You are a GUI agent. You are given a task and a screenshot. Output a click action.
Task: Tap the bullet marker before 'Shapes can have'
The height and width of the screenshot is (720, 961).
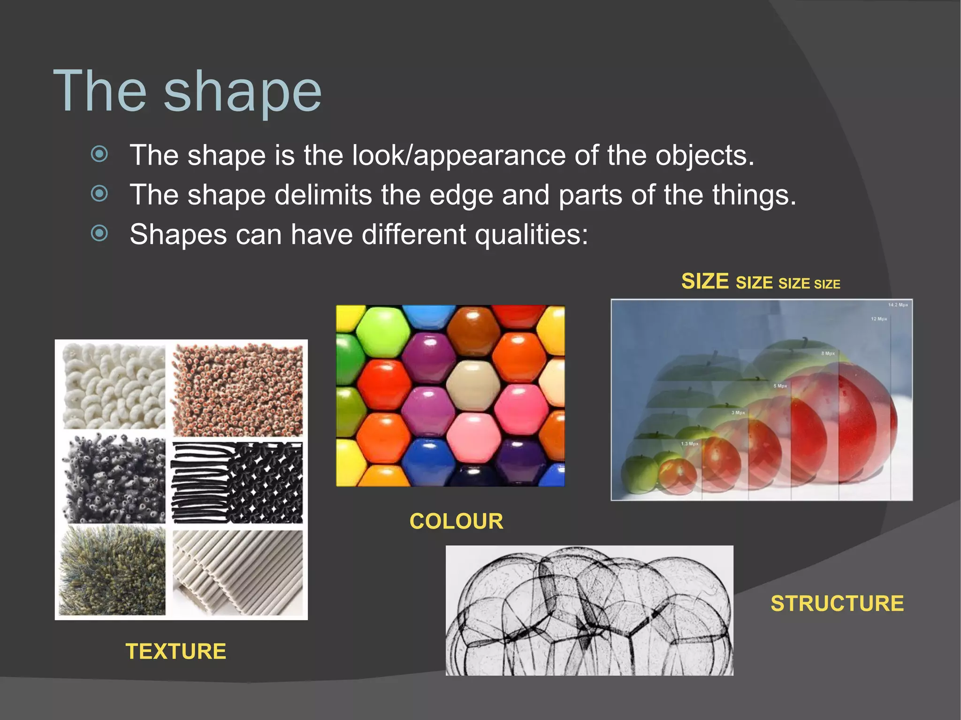click(99, 233)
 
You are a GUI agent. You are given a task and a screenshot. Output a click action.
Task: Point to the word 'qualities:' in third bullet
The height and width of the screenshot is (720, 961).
click(531, 234)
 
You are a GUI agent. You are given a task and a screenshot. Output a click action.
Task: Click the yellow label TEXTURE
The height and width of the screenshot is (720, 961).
click(176, 652)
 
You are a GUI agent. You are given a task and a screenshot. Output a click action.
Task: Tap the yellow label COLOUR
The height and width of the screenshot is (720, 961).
click(456, 521)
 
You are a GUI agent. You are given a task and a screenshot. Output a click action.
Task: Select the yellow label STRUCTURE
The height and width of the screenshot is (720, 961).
click(837, 603)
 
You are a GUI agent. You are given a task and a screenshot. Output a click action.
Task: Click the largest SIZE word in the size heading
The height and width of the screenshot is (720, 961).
click(705, 281)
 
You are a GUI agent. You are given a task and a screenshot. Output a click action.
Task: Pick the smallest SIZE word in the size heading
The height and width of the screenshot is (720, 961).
click(827, 284)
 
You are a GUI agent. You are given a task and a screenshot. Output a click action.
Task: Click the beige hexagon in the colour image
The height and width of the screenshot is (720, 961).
click(473, 386)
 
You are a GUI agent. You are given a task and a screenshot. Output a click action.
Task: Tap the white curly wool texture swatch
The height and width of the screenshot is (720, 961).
click(114, 386)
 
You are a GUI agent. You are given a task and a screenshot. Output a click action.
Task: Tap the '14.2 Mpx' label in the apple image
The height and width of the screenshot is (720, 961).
click(898, 305)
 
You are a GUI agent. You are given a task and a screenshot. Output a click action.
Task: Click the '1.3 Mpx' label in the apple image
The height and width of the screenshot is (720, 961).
click(689, 444)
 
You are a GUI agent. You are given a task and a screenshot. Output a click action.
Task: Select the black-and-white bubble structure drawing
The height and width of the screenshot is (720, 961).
click(589, 610)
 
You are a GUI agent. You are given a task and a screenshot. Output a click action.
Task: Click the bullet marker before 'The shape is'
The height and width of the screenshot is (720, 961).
click(99, 154)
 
